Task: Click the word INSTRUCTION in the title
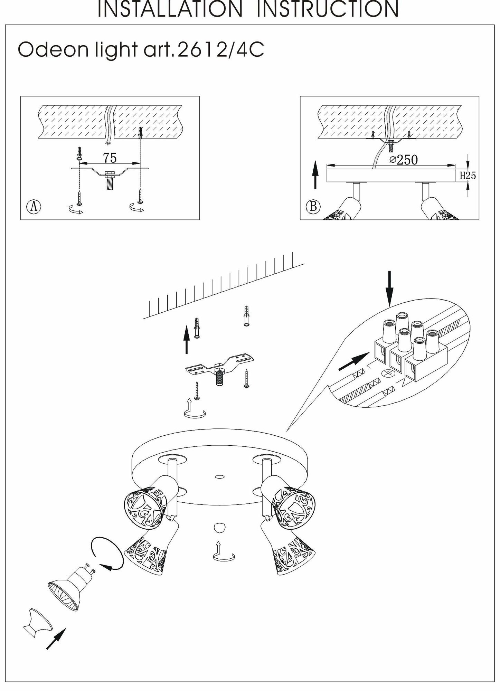(327, 9)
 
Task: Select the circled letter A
(34, 207)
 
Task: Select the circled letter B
(313, 207)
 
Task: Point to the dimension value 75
(110, 158)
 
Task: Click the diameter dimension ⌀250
(403, 159)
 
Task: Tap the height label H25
(468, 176)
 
